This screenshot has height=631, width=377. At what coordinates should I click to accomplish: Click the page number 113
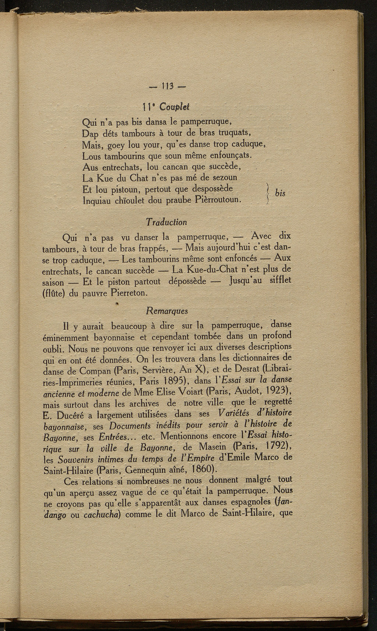[x=168, y=88]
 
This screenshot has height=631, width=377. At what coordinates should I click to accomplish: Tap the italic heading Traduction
[x=166, y=222]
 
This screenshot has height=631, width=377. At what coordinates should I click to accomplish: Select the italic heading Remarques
[x=167, y=311]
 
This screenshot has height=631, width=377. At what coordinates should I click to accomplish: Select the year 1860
[x=195, y=469]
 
